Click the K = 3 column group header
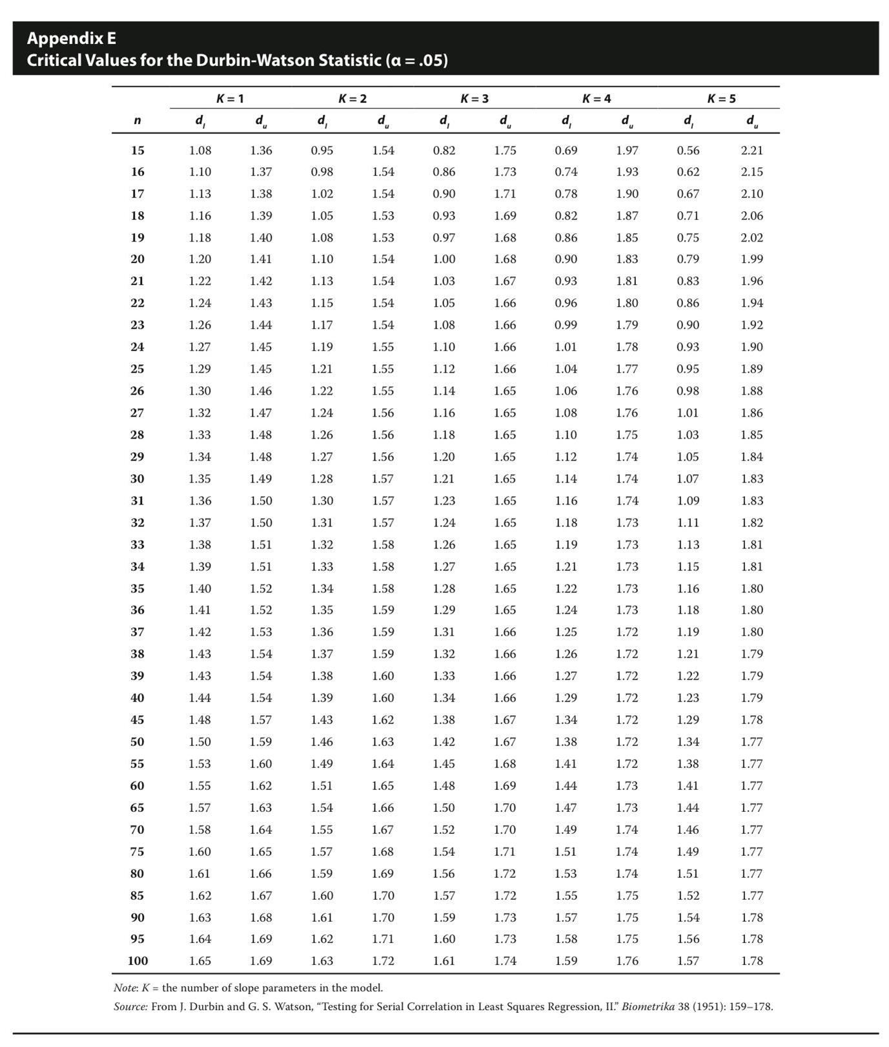point(475,99)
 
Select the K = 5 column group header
point(721,99)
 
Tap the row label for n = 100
point(138,961)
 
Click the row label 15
point(138,150)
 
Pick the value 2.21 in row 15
point(751,150)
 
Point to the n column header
point(138,121)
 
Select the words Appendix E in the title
point(72,38)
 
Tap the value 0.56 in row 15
point(688,150)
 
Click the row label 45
point(138,720)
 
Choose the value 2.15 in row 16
point(751,172)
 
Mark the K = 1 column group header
point(230,99)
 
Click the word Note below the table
point(125,988)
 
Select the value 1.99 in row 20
point(751,259)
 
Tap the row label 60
point(138,786)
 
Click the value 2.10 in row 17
point(751,194)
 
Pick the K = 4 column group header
point(597,99)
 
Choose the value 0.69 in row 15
point(566,150)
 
